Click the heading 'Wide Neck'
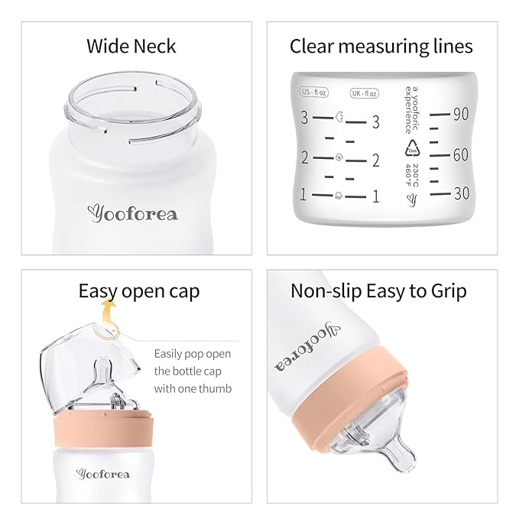click(x=131, y=46)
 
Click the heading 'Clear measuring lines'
click(x=381, y=46)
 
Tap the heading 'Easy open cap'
click(x=138, y=291)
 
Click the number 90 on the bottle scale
click(x=460, y=115)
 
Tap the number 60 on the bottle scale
click(x=460, y=154)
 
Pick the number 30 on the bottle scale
click(x=461, y=194)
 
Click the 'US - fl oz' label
click(x=315, y=93)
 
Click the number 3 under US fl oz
click(x=304, y=118)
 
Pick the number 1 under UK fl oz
click(x=375, y=196)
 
